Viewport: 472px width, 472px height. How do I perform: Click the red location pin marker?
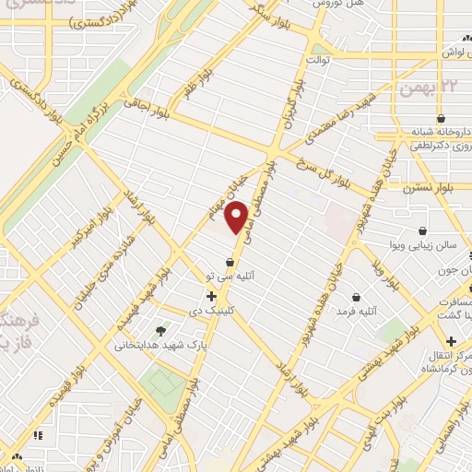point(238,217)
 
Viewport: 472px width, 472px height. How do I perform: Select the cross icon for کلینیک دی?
point(212,297)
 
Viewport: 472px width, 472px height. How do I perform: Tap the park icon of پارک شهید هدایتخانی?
point(162,330)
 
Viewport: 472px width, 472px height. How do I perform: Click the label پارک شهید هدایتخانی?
point(154,345)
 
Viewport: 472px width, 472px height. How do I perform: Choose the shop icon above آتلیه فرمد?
point(356,297)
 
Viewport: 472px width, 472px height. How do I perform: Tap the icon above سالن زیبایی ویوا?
point(422,230)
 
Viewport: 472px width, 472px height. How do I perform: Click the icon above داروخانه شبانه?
point(443,119)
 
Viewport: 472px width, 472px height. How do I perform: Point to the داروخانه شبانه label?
point(439,133)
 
